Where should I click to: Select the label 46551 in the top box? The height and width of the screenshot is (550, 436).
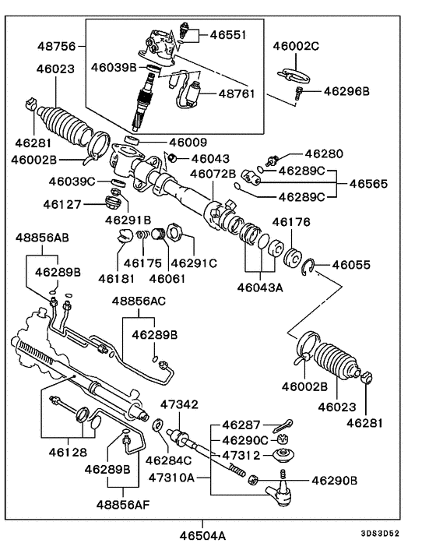[227, 35]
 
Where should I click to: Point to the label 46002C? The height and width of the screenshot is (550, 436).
[296, 47]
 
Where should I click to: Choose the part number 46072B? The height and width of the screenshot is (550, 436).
[213, 173]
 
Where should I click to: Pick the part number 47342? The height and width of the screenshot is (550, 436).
[179, 405]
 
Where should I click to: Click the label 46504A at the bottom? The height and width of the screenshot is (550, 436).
[202, 536]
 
